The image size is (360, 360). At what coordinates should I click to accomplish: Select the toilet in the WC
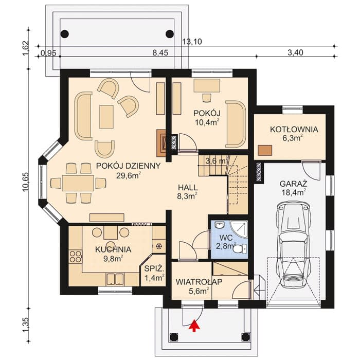point(242,248)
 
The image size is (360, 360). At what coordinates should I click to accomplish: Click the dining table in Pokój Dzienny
point(78,183)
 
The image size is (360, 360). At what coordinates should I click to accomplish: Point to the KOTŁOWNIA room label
point(294,129)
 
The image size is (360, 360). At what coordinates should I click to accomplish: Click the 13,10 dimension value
point(192,42)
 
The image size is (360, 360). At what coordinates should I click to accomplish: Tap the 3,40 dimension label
point(295,52)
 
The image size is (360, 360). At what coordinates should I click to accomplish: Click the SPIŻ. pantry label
point(154,268)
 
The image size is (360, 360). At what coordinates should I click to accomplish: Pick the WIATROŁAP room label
point(199,282)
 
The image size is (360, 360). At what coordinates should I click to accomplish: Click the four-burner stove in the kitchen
point(75,257)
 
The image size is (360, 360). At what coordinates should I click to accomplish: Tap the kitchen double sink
point(115,279)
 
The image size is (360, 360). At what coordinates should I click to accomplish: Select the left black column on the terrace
point(65,34)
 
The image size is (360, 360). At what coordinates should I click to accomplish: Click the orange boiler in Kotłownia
point(265,150)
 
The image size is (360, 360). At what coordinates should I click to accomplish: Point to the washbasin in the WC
point(220,225)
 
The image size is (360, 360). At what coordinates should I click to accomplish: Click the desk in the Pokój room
point(207,86)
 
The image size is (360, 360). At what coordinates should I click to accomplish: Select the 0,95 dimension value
point(48,53)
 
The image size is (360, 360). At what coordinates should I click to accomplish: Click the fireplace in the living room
point(161,143)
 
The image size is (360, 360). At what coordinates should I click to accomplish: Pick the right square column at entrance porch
point(246,337)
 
